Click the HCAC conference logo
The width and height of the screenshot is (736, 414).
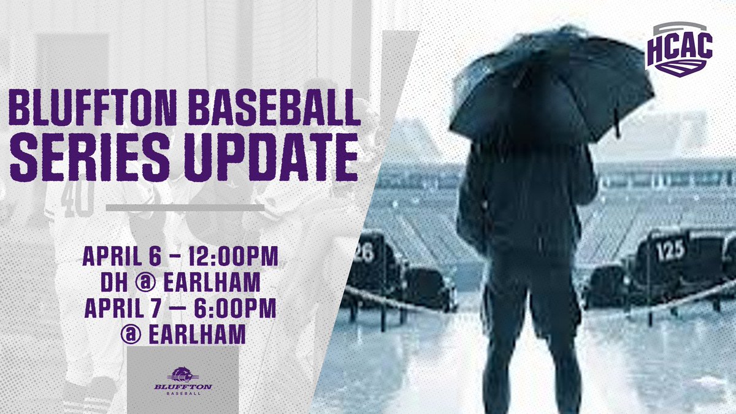point(678,49)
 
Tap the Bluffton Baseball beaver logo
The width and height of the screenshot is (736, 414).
point(183,375)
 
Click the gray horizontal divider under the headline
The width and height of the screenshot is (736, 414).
point(185,208)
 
